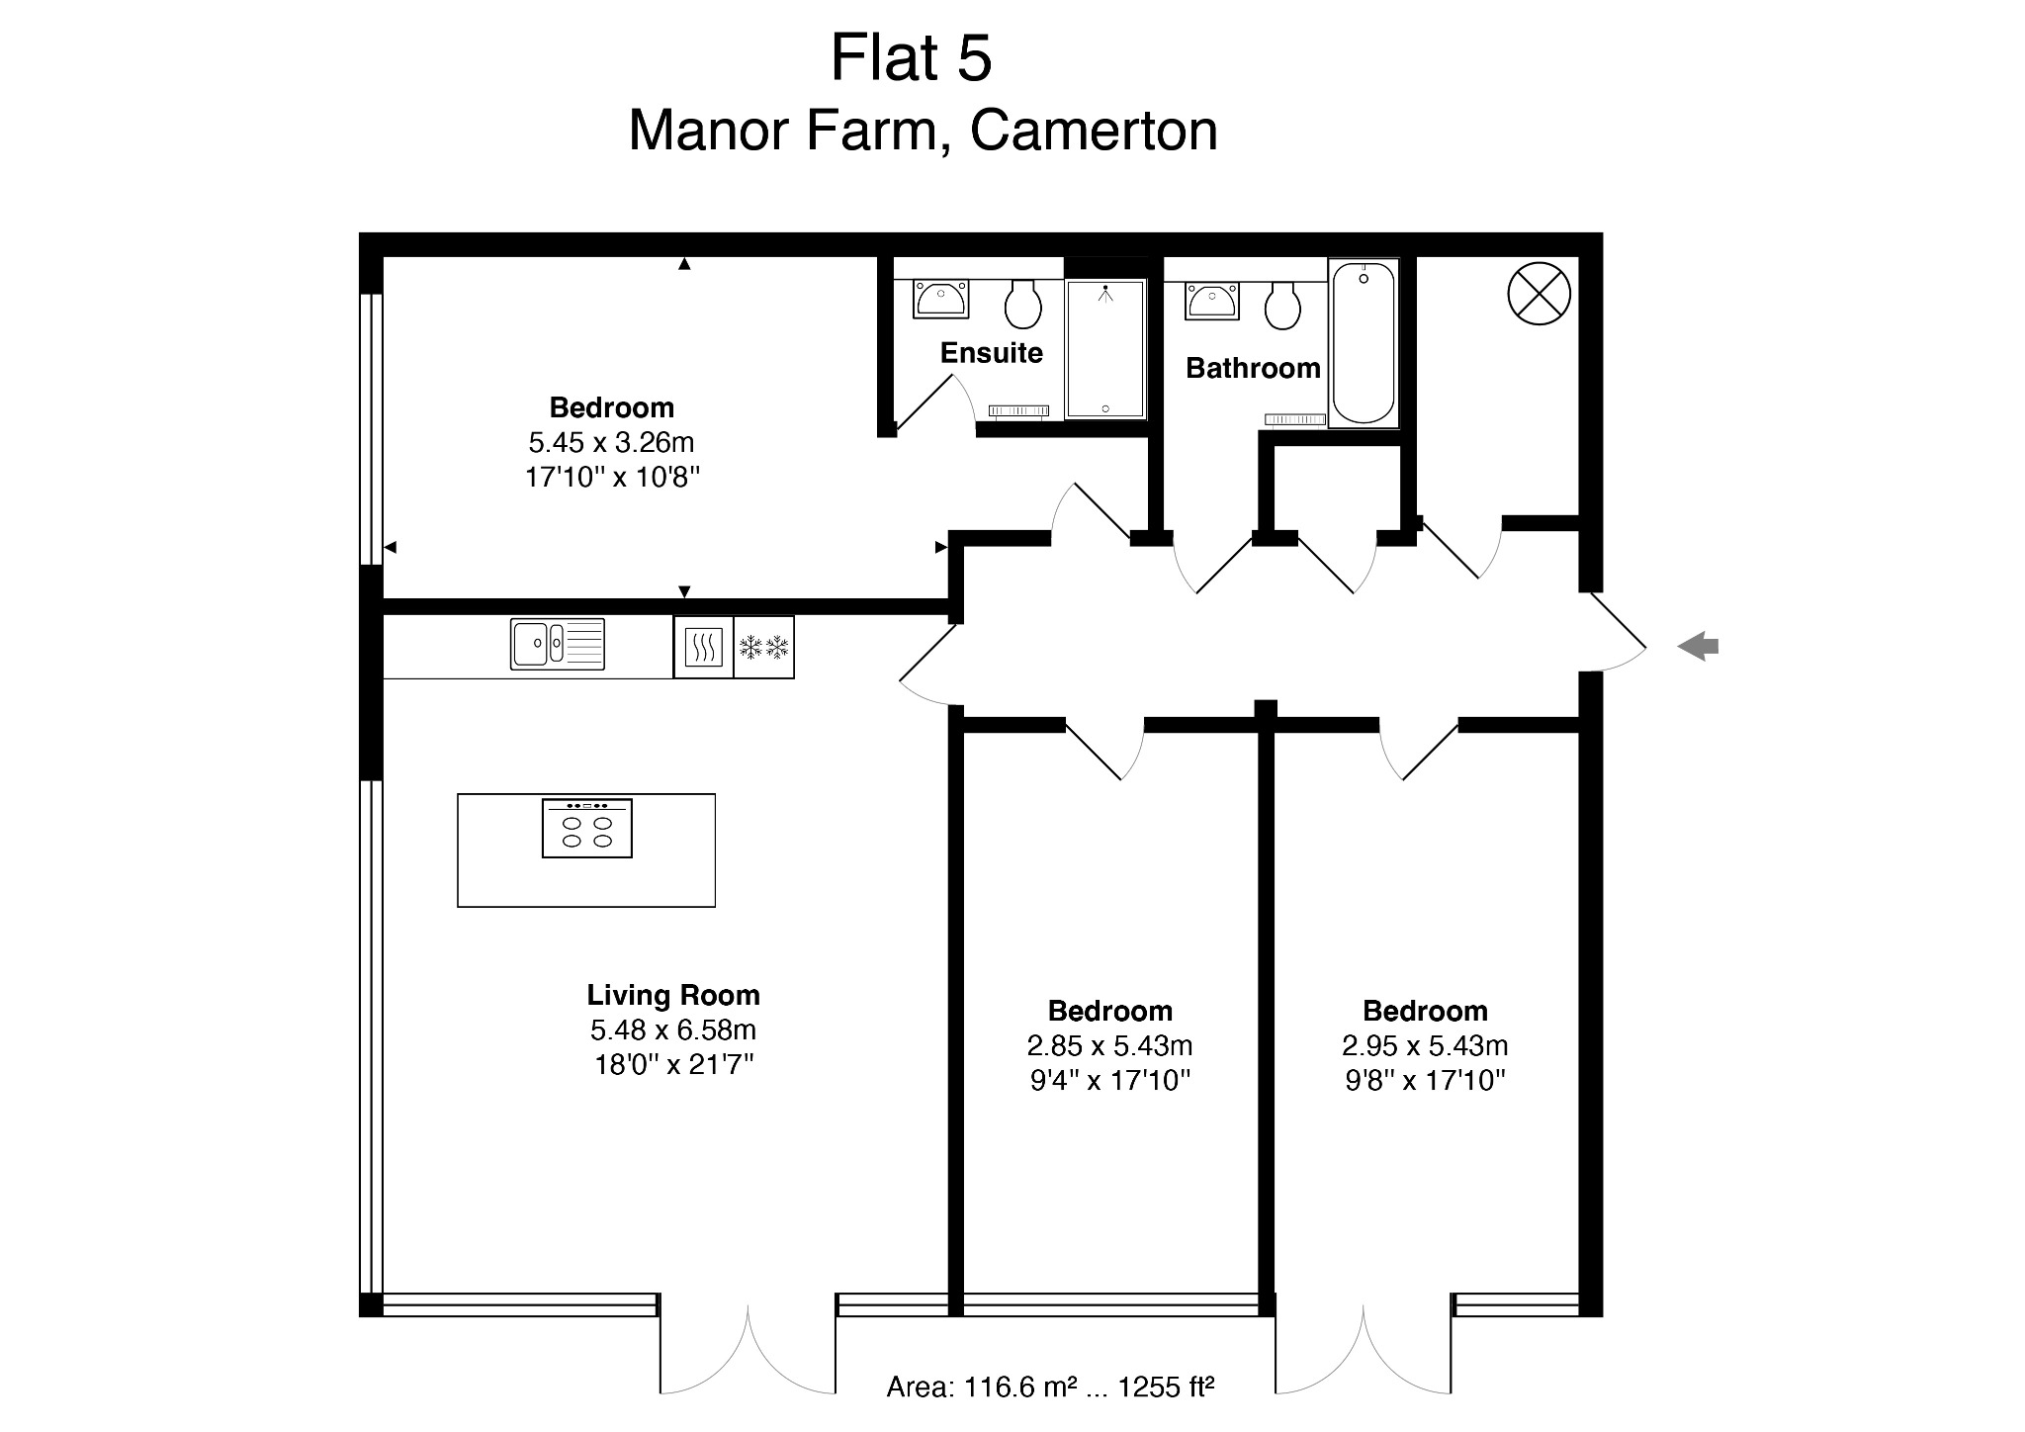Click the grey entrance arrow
pyautogui.click(x=1698, y=648)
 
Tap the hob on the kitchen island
pyautogui.click(x=587, y=828)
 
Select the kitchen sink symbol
pyautogui.click(x=557, y=644)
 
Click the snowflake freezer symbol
pyautogui.click(x=763, y=648)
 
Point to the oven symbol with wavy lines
pyautogui.click(x=703, y=648)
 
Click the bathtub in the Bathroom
pyautogui.click(x=1364, y=343)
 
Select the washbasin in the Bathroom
pyautogui.click(x=1211, y=301)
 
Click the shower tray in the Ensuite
pyautogui.click(x=1105, y=349)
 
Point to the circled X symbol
pyautogui.click(x=1539, y=294)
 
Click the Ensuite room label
pyautogui.click(x=991, y=353)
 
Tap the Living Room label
pyautogui.click(x=673, y=995)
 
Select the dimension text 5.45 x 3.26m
pyautogui.click(x=611, y=442)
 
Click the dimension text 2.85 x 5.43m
pyautogui.click(x=1109, y=1045)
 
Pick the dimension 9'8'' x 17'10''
pyautogui.click(x=1425, y=1080)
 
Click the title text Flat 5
pyautogui.click(x=911, y=57)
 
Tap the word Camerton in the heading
pyautogui.click(x=1094, y=131)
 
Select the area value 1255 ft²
pyautogui.click(x=1166, y=1387)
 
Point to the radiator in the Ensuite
pyautogui.click(x=1018, y=410)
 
